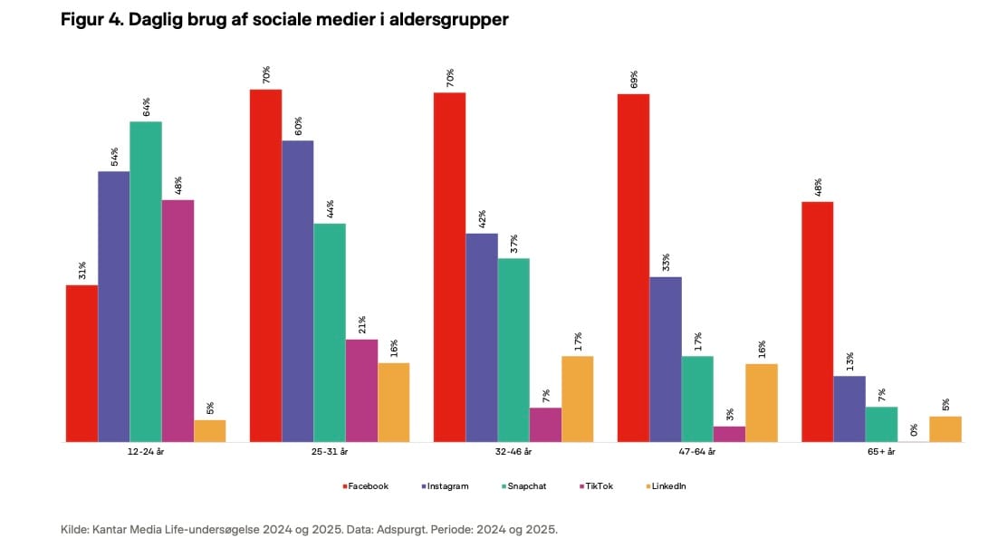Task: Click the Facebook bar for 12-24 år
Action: click(x=82, y=363)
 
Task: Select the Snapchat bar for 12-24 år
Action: click(x=146, y=281)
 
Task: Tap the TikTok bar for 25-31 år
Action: click(x=361, y=390)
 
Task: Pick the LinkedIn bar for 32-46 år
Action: click(x=577, y=399)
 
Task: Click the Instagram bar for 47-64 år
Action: click(x=666, y=359)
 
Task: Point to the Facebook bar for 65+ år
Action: click(x=817, y=322)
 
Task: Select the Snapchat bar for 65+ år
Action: click(x=881, y=424)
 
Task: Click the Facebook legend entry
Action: click(x=366, y=486)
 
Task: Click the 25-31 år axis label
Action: click(x=329, y=451)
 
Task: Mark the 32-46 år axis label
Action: click(x=513, y=451)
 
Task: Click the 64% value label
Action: click(x=146, y=106)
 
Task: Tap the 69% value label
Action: click(x=634, y=79)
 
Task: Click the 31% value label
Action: click(x=82, y=270)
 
